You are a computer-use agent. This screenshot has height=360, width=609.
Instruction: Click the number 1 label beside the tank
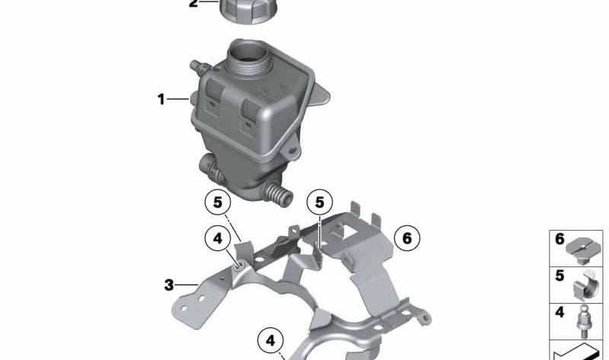(x=161, y=99)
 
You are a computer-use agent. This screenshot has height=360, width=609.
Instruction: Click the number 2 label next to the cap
(x=193, y=4)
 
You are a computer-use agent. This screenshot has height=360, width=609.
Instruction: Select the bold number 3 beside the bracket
(x=168, y=285)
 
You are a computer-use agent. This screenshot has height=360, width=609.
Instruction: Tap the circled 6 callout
(x=407, y=238)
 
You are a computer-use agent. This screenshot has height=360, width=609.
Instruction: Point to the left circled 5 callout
(x=217, y=202)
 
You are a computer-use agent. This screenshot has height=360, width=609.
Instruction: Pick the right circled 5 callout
(x=320, y=202)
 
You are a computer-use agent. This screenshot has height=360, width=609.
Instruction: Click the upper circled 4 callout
(x=217, y=239)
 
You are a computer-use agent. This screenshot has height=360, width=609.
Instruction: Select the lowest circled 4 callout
(x=269, y=339)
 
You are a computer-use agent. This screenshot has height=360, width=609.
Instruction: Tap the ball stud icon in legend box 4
(x=584, y=320)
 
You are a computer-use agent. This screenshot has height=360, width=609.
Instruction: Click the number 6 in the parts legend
(x=560, y=239)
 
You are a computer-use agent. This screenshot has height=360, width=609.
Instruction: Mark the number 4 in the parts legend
(x=560, y=312)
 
